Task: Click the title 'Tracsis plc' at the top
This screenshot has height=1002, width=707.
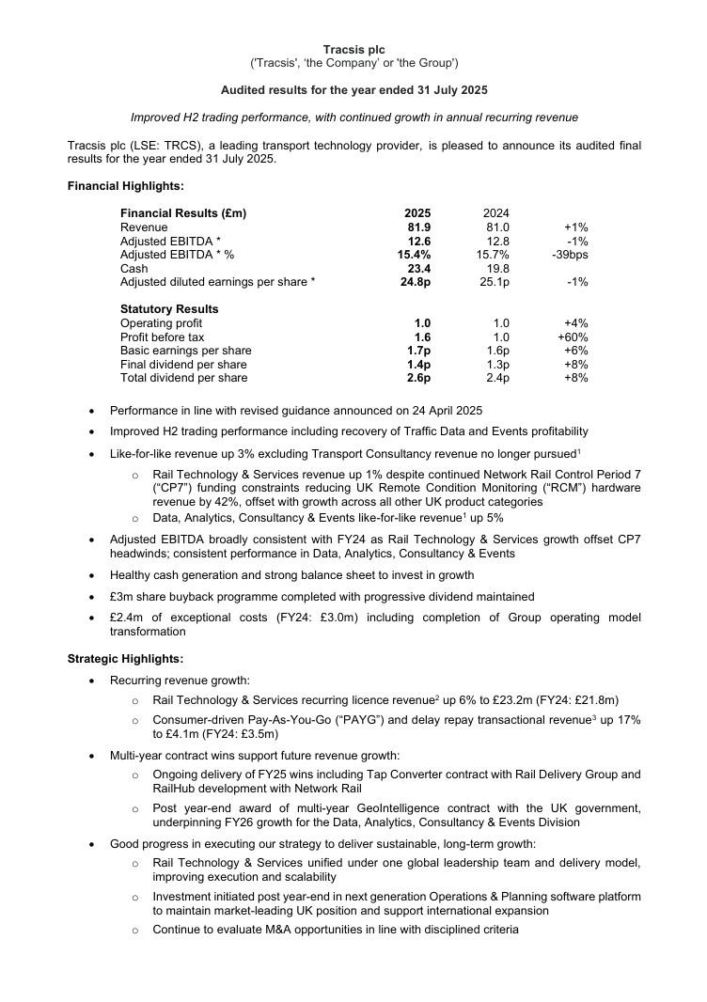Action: [x=353, y=49]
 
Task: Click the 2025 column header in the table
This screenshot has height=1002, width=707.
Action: [x=417, y=213]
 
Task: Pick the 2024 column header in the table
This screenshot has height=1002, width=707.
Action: [x=495, y=213]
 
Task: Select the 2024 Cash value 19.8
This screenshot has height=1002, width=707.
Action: [x=497, y=269]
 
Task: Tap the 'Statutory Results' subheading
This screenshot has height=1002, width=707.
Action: [x=169, y=309]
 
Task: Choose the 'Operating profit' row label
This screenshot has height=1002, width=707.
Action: [x=162, y=323]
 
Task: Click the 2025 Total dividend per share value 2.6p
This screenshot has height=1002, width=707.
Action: [x=418, y=378]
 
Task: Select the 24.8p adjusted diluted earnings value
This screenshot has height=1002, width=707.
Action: [x=416, y=282]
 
